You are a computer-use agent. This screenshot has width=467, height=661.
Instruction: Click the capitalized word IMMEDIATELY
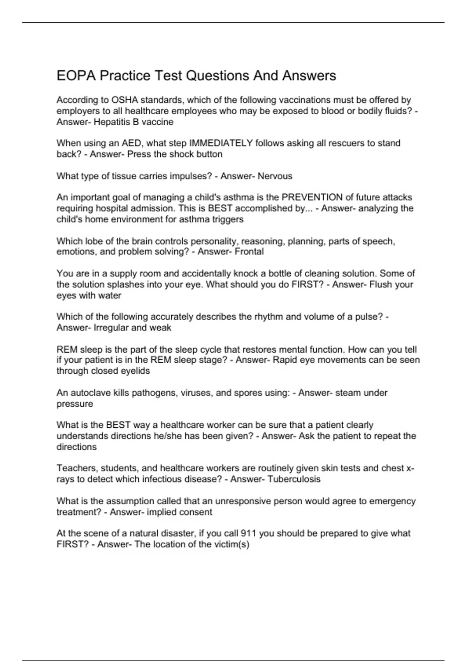221,143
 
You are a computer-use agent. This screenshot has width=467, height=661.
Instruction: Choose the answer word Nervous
275,176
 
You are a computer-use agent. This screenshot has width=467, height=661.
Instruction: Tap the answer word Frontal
249,252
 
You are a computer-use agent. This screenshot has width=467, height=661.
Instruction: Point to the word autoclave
91,393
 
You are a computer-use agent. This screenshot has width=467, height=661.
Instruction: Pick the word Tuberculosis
294,479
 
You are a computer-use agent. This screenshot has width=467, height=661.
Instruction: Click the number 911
248,533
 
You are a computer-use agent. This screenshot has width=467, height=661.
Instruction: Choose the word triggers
228,219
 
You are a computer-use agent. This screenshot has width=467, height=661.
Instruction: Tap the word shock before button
183,154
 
